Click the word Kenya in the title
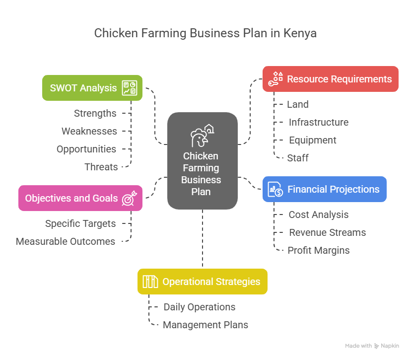pyautogui.click(x=300, y=34)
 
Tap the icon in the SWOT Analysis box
pyautogui.click(x=130, y=88)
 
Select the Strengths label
pyautogui.click(x=95, y=113)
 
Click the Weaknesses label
pyautogui.click(x=89, y=131)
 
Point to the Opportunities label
pyautogui.click(x=86, y=149)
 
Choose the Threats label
pyautogui.click(x=101, y=167)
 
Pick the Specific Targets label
pyautogui.click(x=80, y=223)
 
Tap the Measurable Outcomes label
pyautogui.click(x=66, y=241)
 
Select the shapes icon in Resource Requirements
pyautogui.click(x=275, y=79)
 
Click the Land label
pyautogui.click(x=298, y=104)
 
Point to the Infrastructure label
pyautogui.click(x=319, y=122)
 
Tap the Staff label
pyautogui.click(x=298, y=158)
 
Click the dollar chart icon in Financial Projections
pyautogui.click(x=275, y=189)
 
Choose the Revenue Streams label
pyautogui.click(x=328, y=232)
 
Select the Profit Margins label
pyautogui.click(x=319, y=250)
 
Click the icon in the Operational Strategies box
pyautogui.click(x=150, y=282)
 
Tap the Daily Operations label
pyautogui.click(x=200, y=307)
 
